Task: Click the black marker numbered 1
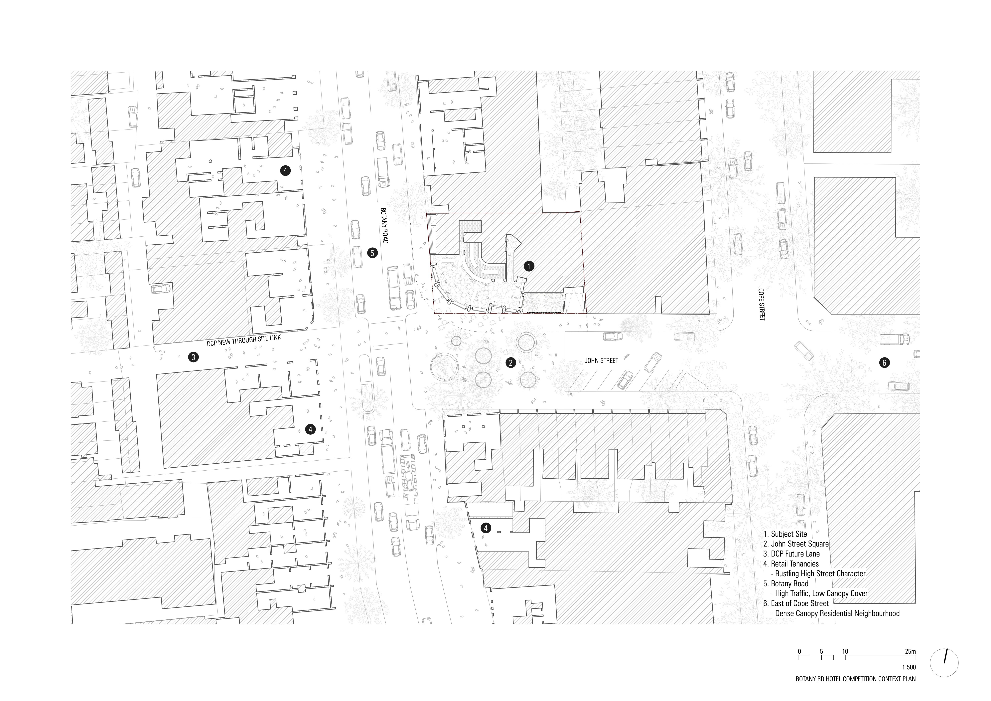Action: [x=529, y=267]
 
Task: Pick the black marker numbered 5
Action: [x=372, y=253]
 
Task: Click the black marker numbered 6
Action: [x=884, y=363]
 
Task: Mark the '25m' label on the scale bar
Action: [x=910, y=663]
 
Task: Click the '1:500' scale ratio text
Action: [x=909, y=679]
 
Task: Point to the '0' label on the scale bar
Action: [x=799, y=663]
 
